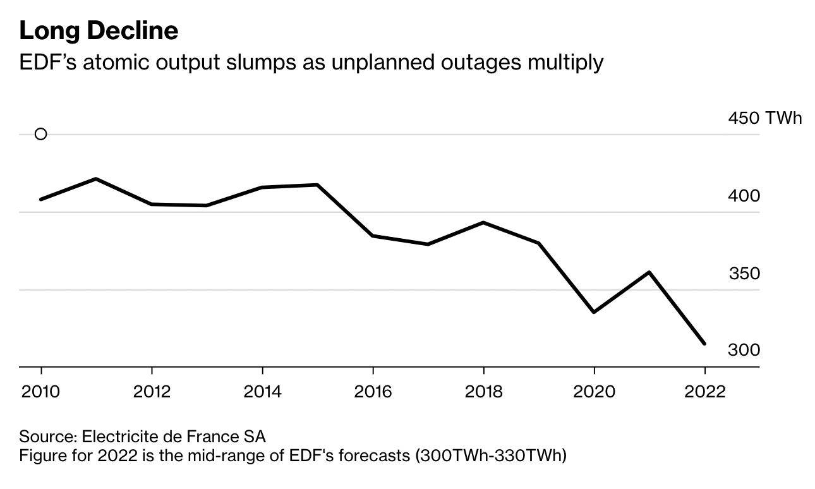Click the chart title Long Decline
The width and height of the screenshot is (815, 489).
[99, 30]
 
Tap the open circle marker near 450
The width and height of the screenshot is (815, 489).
[40, 134]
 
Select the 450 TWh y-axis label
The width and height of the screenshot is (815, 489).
[764, 118]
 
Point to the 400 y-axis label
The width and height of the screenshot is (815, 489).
[744, 196]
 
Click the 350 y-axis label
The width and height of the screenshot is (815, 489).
[744, 274]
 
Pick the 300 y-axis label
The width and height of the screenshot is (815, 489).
[744, 350]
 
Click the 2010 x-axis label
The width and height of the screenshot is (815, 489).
[41, 392]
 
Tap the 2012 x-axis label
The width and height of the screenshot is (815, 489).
[152, 392]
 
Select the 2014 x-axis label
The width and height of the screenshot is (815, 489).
[262, 392]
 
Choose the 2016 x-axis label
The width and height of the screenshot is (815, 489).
[373, 392]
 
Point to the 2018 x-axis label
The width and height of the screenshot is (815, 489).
[483, 392]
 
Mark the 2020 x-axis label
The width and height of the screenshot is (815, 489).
[594, 392]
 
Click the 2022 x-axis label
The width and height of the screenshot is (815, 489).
[704, 392]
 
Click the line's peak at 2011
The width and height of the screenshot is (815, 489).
[96, 179]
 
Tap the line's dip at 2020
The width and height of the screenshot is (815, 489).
[594, 312]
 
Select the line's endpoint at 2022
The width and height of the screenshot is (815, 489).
[704, 344]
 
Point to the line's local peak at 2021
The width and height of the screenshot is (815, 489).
[649, 272]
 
